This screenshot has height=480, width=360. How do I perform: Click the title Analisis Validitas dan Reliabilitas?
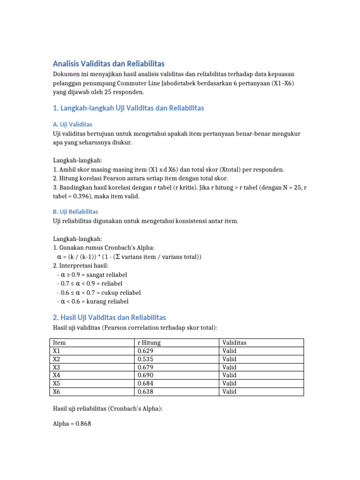coord(109,64)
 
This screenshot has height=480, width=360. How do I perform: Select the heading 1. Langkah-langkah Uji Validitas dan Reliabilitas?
coord(128,108)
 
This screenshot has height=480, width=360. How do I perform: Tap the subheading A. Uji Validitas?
coord(73,125)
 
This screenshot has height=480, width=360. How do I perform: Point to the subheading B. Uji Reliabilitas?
coord(75,212)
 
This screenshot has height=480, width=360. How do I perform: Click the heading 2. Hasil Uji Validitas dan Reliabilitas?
coord(109,317)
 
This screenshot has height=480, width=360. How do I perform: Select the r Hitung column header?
coord(149,343)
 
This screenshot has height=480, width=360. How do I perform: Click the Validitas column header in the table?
coord(234,343)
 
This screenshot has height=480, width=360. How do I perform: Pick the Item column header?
coord(59,343)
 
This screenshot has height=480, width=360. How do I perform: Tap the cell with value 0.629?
coord(145,351)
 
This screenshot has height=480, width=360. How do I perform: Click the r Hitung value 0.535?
coord(145,359)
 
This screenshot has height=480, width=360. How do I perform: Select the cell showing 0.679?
coord(145,367)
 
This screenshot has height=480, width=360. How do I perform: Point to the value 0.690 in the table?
coord(145,375)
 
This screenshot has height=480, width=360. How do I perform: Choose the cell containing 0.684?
coord(145,383)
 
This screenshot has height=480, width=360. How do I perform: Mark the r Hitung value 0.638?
coord(145,391)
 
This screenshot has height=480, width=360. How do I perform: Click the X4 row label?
coord(57,375)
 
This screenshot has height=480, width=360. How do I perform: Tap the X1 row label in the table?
coord(57,351)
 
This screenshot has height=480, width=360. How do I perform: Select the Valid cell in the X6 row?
coord(230,391)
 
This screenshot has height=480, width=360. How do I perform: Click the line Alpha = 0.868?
coord(72,424)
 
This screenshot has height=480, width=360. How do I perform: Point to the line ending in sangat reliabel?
coord(92,275)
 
